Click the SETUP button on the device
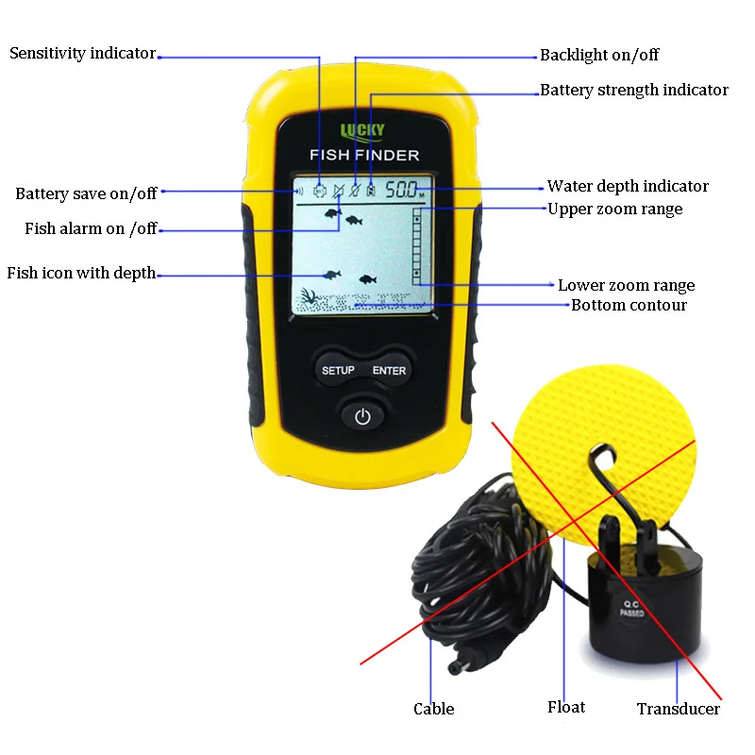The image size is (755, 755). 338,370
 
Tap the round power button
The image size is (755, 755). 363,415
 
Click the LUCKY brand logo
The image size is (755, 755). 362,131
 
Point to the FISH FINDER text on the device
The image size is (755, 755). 363,155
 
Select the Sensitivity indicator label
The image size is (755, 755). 82,54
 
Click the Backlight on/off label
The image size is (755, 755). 599,55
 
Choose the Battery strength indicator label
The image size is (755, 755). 634,91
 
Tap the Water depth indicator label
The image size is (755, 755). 628,186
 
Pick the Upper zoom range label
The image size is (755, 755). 614,209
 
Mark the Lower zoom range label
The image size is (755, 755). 626,285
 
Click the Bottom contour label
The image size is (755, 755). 629,305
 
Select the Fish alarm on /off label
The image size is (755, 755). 91,228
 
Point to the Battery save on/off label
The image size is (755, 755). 86,193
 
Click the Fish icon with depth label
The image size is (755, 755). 81,274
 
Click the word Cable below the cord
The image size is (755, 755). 433,709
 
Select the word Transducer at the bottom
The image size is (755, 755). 678,709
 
